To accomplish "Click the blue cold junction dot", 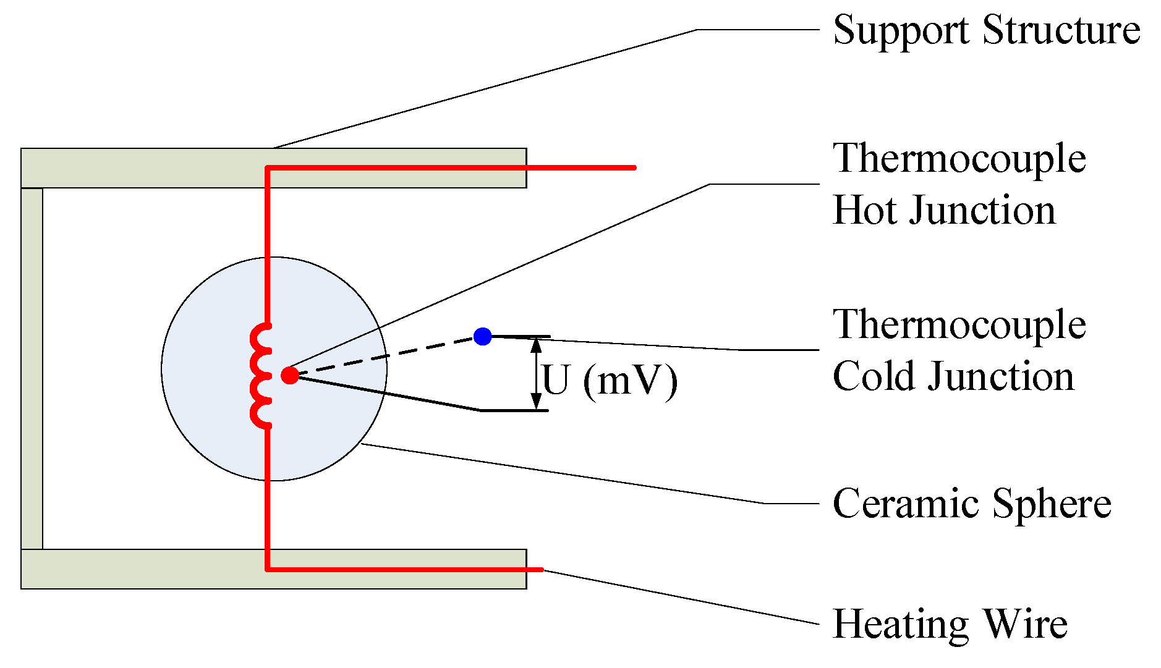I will [482, 336].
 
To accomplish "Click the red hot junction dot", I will [289, 375].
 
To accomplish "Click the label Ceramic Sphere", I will [971, 503].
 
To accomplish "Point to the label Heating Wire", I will [950, 624].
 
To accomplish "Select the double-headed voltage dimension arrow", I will [536, 374].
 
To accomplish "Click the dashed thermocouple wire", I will [386, 356].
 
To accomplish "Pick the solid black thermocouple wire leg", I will [389, 393].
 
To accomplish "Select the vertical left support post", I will [32, 368].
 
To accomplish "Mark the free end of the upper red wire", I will [634, 167].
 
